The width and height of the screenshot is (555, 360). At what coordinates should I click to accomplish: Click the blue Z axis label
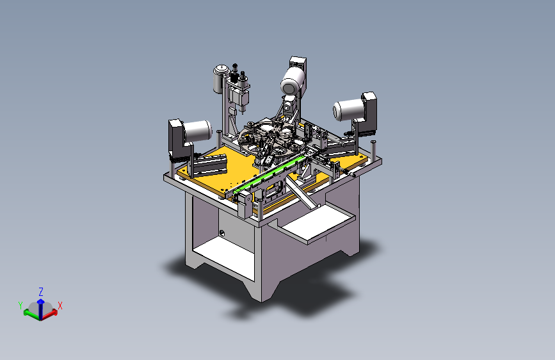coord(41,292)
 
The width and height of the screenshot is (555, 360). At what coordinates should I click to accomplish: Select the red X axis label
coord(60,306)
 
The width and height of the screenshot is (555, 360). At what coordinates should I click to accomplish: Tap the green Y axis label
coord(20,305)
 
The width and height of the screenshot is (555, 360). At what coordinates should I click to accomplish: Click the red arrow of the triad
coord(49,314)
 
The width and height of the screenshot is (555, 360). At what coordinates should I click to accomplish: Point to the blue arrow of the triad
coord(41,309)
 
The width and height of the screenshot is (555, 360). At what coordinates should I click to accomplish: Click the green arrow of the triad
coord(32,315)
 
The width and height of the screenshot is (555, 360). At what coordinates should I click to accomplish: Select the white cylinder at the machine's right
coord(349,109)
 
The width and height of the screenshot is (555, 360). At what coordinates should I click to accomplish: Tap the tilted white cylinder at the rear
coord(293,81)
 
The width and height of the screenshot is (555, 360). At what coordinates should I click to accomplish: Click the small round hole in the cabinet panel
coord(222,233)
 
